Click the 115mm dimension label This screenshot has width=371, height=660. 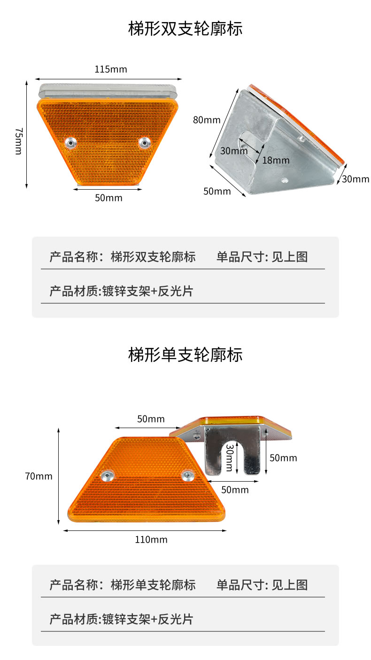tap(111, 69)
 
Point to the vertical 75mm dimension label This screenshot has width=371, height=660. tap(18, 141)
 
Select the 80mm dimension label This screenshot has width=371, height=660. tap(207, 120)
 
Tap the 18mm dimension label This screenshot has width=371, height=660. tap(276, 160)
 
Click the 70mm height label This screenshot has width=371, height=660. tap(39, 476)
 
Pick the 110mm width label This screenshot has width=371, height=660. tap(151, 540)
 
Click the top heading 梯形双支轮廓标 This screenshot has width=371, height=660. tap(185, 29)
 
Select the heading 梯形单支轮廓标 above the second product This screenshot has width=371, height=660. tap(185, 355)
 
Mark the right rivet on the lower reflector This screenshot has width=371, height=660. tap(187, 476)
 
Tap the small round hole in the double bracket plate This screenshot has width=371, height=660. tap(284, 179)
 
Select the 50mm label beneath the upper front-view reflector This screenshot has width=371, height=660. tap(108, 198)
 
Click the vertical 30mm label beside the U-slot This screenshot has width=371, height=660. tap(229, 457)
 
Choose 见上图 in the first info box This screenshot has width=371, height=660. tap(290, 257)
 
